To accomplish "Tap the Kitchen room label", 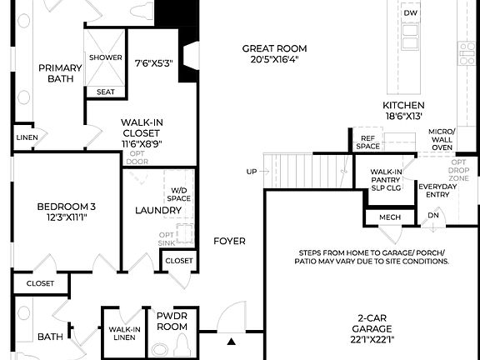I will pyautogui.click(x=403, y=111).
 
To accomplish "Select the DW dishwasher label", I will pyautogui.click(x=410, y=13).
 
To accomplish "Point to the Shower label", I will pyautogui.click(x=106, y=57).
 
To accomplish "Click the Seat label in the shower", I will pyautogui.click(x=106, y=92).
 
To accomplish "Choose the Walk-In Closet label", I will pyautogui.click(x=141, y=132).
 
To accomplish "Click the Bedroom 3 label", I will pyautogui.click(x=62, y=212).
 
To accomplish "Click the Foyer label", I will pyautogui.click(x=229, y=241).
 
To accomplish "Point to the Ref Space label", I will pyautogui.click(x=367, y=142).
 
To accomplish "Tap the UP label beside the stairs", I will pyautogui.click(x=252, y=172).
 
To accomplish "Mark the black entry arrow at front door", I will pyautogui.click(x=231, y=340).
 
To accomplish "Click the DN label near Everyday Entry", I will pyautogui.click(x=432, y=214).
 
